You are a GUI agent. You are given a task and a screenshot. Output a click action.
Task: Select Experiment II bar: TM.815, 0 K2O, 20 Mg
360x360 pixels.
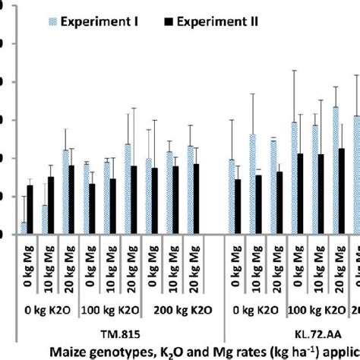pyautogui.click(x=71, y=200)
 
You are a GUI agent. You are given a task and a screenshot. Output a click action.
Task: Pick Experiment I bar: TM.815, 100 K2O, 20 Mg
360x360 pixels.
pyautogui.click(x=128, y=189)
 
